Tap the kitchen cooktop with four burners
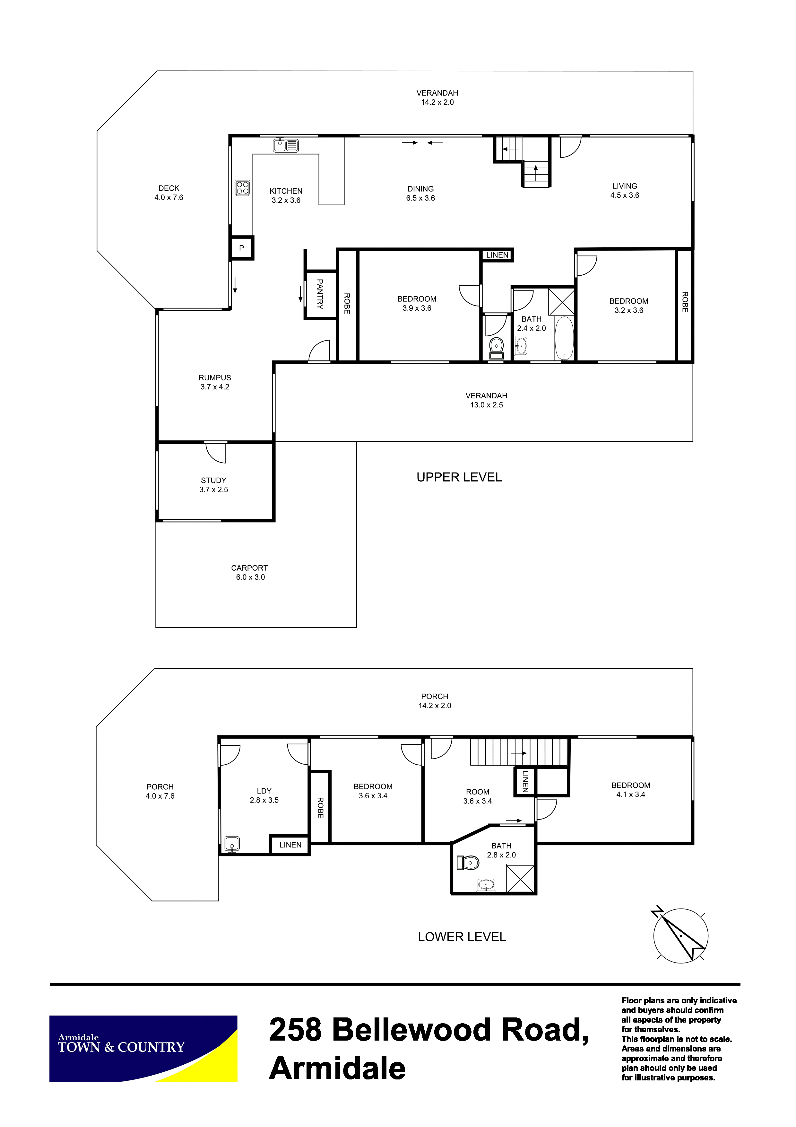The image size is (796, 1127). [x=242, y=188]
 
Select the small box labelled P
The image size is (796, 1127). [x=242, y=248]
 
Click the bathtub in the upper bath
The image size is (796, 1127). [x=564, y=339]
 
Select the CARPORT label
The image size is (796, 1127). [x=250, y=568]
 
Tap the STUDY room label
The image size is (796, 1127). [x=214, y=481]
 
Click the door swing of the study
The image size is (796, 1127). [x=216, y=453]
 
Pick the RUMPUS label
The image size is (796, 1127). [x=215, y=378]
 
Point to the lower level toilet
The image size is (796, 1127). [x=468, y=862]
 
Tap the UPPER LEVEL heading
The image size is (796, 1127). [x=459, y=477]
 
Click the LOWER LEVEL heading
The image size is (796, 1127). [x=462, y=937]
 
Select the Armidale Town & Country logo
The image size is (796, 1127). [x=143, y=1049]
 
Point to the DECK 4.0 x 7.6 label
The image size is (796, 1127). [x=169, y=193]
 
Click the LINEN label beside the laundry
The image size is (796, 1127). [x=290, y=845]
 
